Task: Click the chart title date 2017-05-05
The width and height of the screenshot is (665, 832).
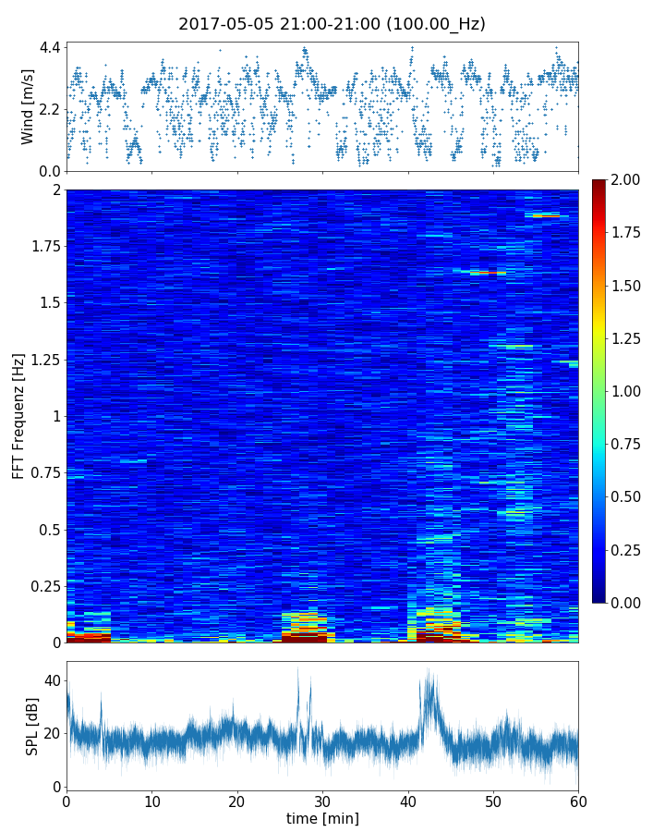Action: click(224, 24)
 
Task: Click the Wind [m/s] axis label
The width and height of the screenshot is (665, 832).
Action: click(27, 106)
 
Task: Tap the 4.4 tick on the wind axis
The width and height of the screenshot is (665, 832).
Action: click(50, 47)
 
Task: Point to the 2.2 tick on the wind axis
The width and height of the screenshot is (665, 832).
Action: click(50, 109)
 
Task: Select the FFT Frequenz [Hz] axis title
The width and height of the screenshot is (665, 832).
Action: click(18, 415)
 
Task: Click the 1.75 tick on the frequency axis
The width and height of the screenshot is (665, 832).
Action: click(43, 246)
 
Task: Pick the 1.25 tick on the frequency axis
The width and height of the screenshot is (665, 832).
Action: click(43, 360)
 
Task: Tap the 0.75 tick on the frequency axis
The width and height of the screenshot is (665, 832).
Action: click(43, 472)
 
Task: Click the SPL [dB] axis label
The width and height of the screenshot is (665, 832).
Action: click(32, 726)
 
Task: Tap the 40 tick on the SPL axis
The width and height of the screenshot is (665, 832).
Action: click(53, 680)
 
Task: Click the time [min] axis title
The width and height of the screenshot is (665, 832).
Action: click(322, 818)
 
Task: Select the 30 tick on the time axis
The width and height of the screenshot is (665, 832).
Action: click(322, 801)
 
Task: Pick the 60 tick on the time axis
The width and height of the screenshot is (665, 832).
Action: click(578, 801)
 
